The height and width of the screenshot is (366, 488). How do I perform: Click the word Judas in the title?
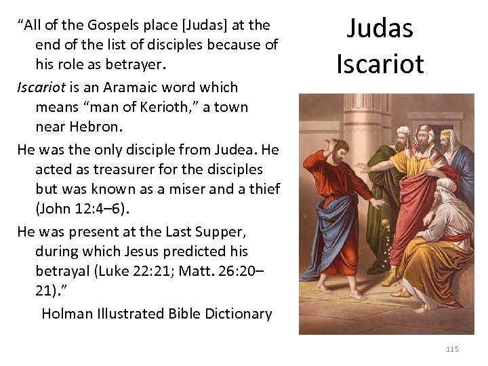(380, 28)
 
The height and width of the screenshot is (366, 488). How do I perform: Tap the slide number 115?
(452, 349)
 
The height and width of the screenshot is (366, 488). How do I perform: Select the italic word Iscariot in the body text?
(42, 87)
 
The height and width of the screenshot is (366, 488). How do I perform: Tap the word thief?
(262, 189)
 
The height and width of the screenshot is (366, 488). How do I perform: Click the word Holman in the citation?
(68, 314)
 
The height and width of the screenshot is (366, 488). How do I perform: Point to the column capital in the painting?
(325, 101)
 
